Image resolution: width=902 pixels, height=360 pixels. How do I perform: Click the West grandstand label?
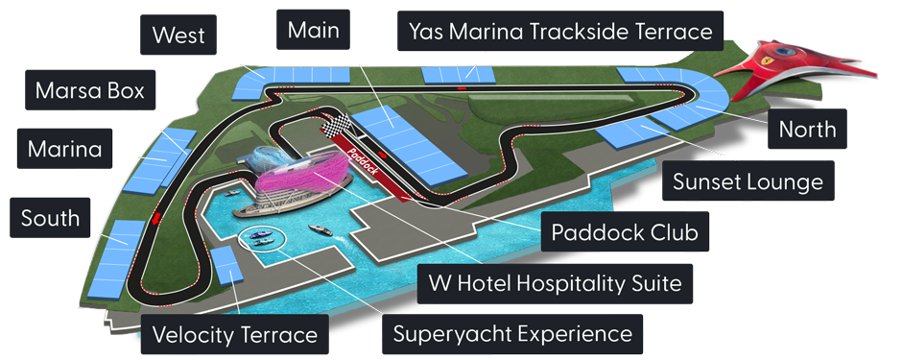coord(178,35)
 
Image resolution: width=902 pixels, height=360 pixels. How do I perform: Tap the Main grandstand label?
coord(313,30)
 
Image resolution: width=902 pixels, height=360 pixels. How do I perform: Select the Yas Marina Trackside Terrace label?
coord(560,31)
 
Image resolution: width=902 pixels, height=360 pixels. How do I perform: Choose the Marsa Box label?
coord(90,90)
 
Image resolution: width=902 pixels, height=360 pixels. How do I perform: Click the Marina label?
coord(64,149)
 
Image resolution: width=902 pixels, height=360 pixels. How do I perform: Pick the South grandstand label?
coord(50,218)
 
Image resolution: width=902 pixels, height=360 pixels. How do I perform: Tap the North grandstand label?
coord(807,129)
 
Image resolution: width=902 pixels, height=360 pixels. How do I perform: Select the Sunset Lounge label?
coord(748,181)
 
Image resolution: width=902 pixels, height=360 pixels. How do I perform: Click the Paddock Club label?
coord(624,231)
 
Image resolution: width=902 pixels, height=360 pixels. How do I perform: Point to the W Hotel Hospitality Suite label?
coord(556,283)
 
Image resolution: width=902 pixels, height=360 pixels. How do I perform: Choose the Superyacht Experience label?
coord(512,333)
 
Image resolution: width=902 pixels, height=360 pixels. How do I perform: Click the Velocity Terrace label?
coord(235,334)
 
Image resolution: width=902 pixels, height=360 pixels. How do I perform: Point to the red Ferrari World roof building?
coord(795,63)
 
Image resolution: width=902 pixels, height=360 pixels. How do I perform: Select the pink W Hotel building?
coord(299,179)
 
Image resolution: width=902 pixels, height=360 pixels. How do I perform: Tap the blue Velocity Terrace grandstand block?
coord(226,266)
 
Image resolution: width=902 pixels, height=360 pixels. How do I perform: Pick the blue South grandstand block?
coord(116,259)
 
